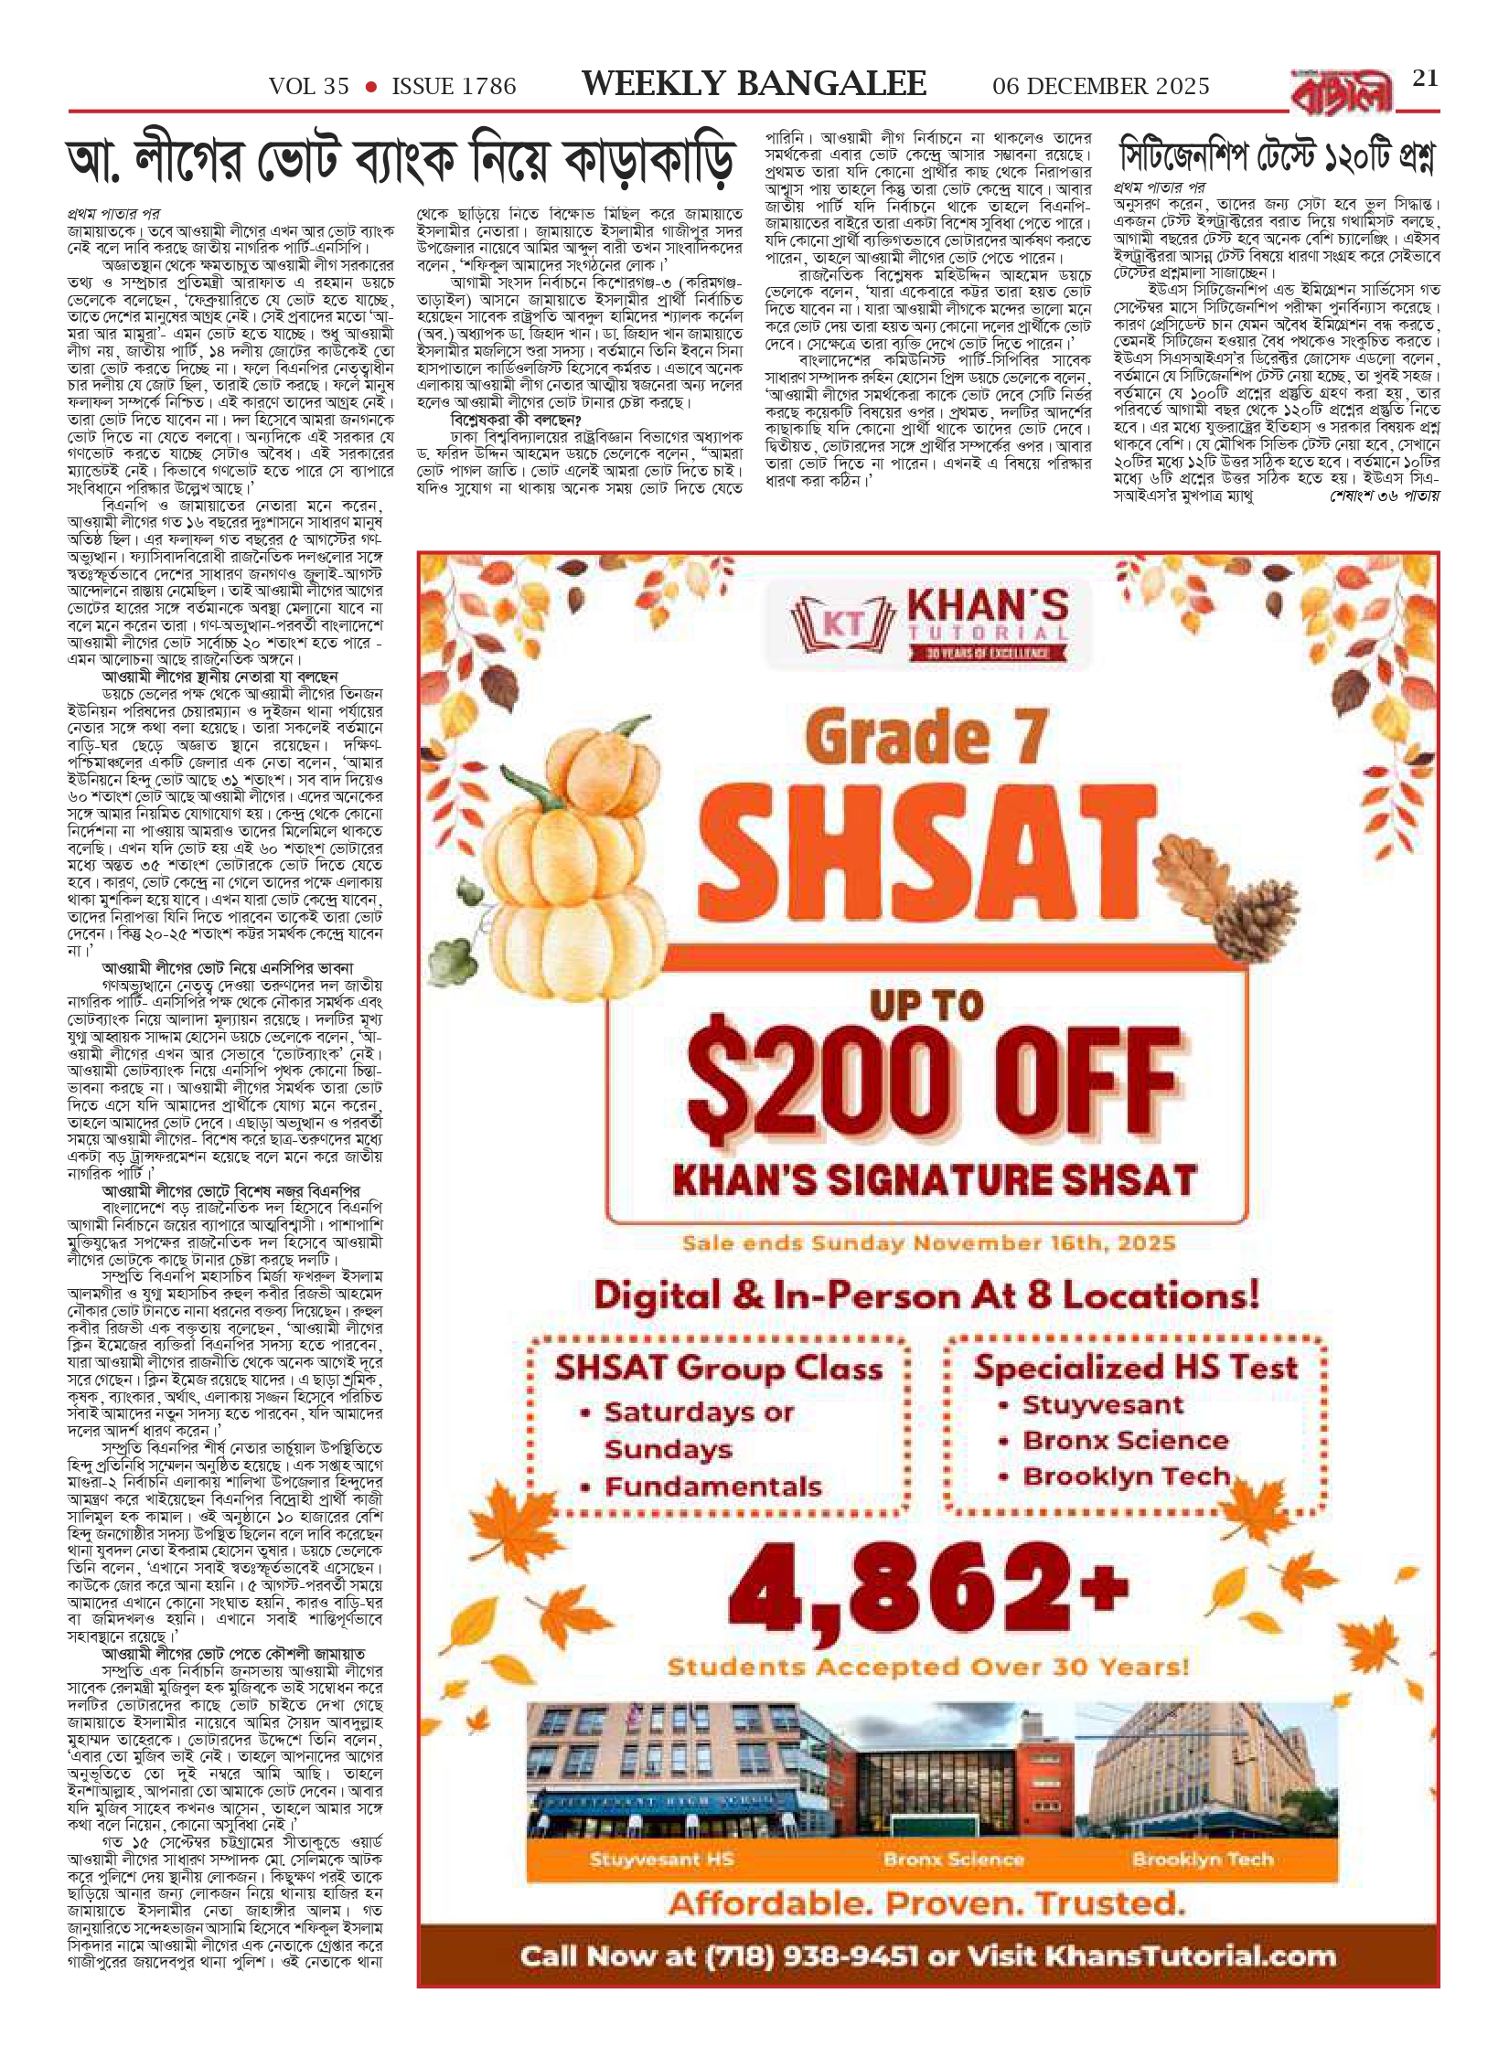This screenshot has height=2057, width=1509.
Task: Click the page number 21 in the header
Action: [1425, 79]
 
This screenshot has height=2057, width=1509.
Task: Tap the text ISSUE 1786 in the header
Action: [454, 87]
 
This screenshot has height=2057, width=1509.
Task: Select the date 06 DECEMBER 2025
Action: [1100, 87]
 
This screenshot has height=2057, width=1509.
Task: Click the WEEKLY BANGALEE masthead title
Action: [754, 84]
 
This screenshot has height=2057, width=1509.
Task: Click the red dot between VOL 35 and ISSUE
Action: [370, 87]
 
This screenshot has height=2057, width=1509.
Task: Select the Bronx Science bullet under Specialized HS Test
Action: [1125, 1442]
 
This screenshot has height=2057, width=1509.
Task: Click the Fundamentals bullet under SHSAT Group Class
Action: [712, 1488]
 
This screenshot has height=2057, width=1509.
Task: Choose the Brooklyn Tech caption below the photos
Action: [1202, 1860]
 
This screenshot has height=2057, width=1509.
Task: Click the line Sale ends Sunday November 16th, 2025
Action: [928, 1243]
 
